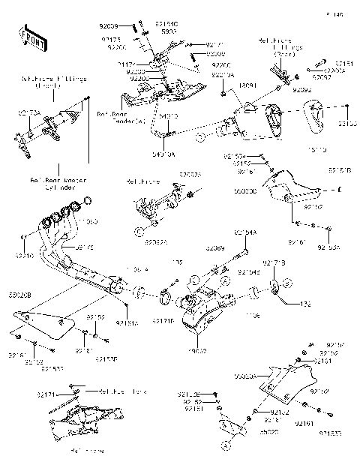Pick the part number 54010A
click(164, 154)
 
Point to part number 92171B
click(272, 262)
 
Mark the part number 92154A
click(245, 233)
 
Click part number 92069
click(216, 247)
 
